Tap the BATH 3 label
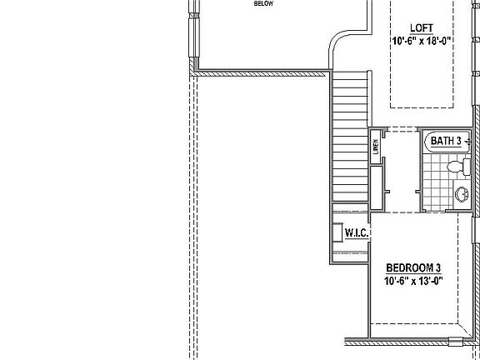[x=446, y=141]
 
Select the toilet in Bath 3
[x=455, y=167]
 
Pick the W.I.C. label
[x=357, y=233]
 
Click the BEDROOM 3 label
[x=413, y=268]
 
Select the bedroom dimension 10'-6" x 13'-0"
[x=413, y=282]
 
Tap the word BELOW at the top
[x=264, y=3]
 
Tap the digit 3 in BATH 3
[x=458, y=141]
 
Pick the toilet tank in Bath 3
[x=467, y=167]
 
